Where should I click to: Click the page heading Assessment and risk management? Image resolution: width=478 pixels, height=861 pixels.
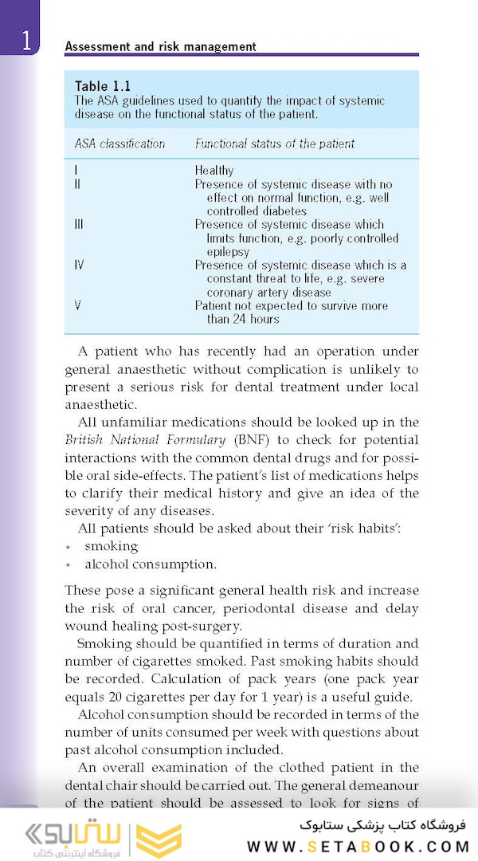pos(160,46)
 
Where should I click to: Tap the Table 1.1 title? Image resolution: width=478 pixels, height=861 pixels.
pos(103,86)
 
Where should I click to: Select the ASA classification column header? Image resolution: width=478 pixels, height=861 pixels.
pos(119,143)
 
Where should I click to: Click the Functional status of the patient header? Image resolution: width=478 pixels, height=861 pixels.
pos(275,143)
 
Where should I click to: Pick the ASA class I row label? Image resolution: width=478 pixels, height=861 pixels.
pos(76,171)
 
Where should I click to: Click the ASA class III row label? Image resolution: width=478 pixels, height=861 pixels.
pos(79,225)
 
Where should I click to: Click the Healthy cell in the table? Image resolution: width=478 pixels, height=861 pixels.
pos(214,171)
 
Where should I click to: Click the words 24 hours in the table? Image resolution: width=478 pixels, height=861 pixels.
pos(255,319)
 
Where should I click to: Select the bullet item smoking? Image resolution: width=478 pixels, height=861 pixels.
pos(111,546)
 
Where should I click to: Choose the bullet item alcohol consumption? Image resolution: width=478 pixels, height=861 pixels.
pos(150,564)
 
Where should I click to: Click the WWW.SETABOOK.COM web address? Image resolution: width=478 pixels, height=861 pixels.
pos(358,847)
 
